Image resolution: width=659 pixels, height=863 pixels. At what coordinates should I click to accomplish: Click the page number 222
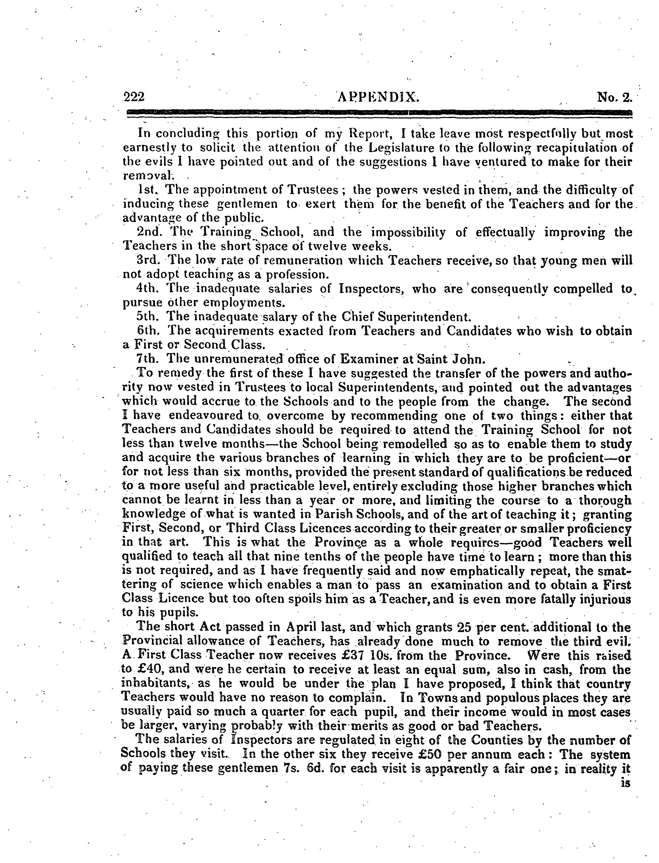coord(134,96)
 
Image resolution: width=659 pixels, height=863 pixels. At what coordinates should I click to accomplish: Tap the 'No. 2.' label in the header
coord(615,96)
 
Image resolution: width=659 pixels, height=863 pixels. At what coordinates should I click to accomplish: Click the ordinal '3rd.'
coord(147,260)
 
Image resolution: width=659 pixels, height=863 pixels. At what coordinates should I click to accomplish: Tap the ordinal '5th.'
coord(147,316)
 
